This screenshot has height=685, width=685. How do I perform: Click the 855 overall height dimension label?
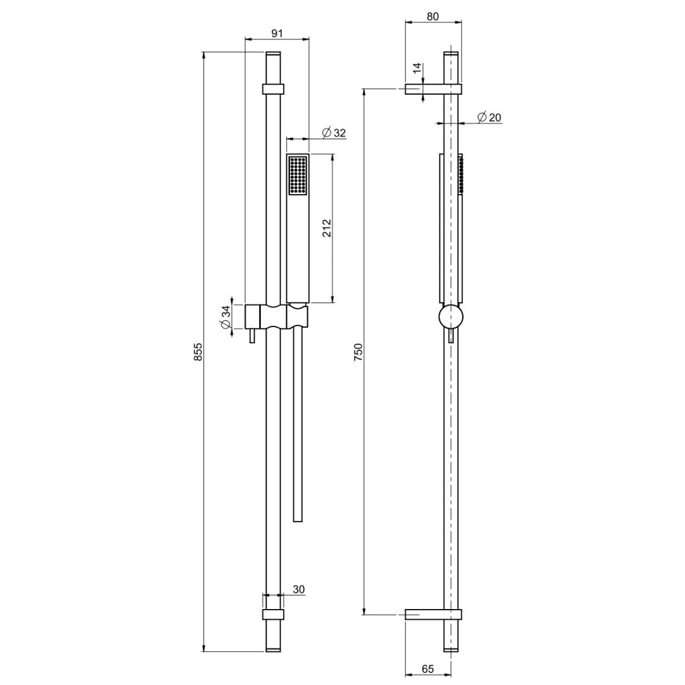coord(198,352)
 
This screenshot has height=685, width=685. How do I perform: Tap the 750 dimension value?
coord(358,352)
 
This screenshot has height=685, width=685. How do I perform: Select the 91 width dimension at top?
coord(277,33)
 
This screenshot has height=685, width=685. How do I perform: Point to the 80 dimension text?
coord(433,17)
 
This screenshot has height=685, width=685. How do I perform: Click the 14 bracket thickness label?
coord(417,67)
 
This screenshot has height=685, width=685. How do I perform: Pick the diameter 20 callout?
coord(489,117)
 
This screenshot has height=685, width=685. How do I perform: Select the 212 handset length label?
coord(327,228)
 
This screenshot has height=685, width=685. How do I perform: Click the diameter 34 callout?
coord(225,317)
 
